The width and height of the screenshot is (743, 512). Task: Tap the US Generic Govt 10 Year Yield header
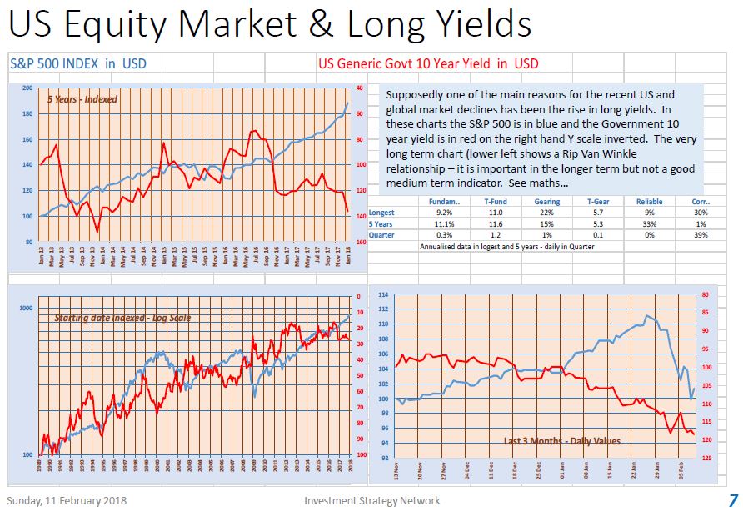coord(428,63)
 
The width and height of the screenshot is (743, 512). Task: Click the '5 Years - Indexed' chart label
coord(82,99)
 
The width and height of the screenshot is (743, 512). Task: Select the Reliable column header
coord(649,202)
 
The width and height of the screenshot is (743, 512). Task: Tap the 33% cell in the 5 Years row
coord(649,224)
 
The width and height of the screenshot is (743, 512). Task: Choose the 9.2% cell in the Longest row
coord(444,213)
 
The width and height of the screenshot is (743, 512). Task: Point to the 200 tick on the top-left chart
coord(27,88)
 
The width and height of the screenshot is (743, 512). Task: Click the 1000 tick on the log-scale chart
coord(24,309)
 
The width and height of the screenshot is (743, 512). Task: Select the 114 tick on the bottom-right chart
coord(383,295)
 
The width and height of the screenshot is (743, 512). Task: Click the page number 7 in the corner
coord(732,500)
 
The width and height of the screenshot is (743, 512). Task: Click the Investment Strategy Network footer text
coord(371,500)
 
